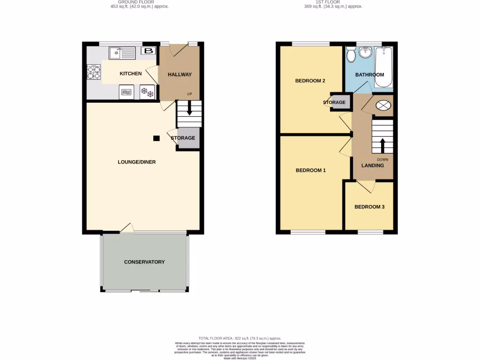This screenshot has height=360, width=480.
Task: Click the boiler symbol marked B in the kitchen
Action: click(x=149, y=51)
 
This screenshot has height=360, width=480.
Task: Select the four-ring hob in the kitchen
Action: click(x=94, y=73)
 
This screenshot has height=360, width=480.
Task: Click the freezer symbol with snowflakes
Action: click(x=147, y=92)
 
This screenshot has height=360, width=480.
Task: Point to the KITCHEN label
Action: click(x=131, y=74)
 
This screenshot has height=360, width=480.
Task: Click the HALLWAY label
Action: click(x=180, y=75)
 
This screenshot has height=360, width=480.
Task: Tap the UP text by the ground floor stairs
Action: click(x=190, y=94)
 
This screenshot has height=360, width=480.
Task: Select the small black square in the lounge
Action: click(x=157, y=138)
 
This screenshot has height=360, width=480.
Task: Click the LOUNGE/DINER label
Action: click(x=136, y=162)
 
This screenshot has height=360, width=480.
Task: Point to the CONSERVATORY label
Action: click(x=144, y=262)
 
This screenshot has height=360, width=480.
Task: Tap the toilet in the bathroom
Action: click(x=351, y=55)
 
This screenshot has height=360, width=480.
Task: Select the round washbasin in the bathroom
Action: click(x=365, y=52)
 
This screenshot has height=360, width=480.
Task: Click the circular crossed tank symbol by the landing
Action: click(x=383, y=105)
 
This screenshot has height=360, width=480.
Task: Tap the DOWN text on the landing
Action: click(x=382, y=159)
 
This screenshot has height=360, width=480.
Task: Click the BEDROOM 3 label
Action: click(x=369, y=207)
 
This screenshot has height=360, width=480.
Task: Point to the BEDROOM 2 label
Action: click(x=310, y=81)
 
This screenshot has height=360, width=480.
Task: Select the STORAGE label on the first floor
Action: click(x=334, y=103)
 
